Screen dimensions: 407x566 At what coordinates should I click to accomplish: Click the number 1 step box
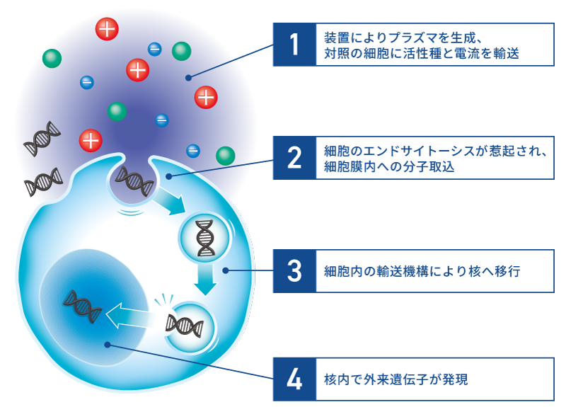(294, 45)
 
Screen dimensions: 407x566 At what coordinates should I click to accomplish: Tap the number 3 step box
(294, 270)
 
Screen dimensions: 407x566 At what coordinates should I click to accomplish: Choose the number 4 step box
(294, 379)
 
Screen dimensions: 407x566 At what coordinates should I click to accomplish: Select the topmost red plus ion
(107, 29)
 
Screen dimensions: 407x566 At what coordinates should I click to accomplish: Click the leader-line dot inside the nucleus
(106, 345)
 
